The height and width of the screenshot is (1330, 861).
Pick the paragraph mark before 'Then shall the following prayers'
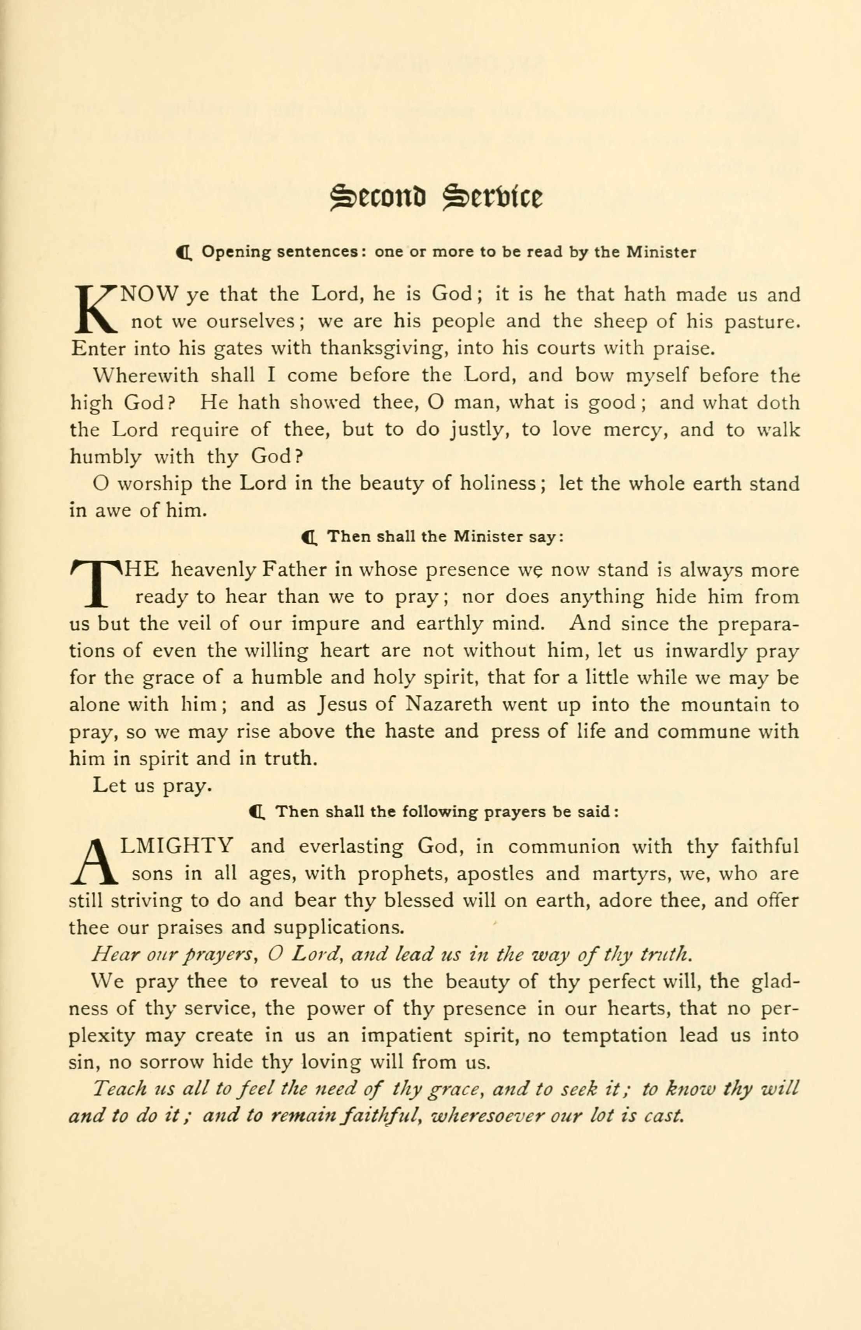click(258, 812)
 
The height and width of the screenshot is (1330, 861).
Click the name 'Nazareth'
click(449, 705)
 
